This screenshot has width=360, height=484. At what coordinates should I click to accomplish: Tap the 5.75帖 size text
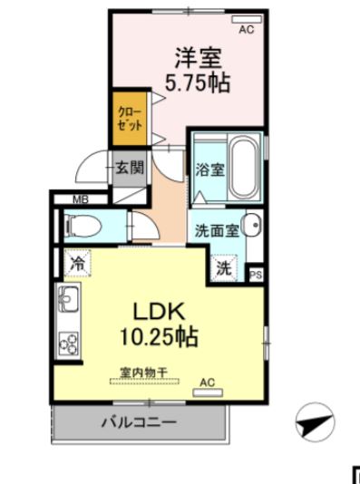click(197, 84)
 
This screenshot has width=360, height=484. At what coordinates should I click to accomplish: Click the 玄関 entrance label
click(129, 168)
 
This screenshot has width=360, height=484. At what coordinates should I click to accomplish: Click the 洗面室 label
click(217, 230)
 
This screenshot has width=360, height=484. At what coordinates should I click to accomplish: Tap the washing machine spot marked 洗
click(223, 268)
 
